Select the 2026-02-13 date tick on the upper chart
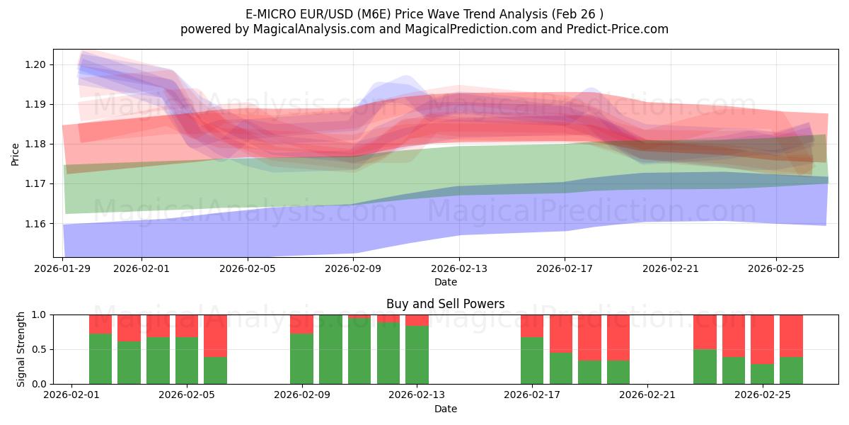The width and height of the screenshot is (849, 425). coord(459,268)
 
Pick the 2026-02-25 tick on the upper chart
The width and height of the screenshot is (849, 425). coord(776,268)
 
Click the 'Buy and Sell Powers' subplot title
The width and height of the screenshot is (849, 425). coord(445,304)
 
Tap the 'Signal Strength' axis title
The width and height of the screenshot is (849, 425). coord(21,349)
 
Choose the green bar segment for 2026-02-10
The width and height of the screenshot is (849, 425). coord(330,350)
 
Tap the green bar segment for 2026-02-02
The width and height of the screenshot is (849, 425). coord(100,359)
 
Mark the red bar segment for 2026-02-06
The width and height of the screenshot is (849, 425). coord(215,335)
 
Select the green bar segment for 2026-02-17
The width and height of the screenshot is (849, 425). coord(532,361)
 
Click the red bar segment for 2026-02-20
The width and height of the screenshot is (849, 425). coord(618,337)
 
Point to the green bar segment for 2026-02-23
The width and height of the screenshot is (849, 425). coord(705,367)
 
